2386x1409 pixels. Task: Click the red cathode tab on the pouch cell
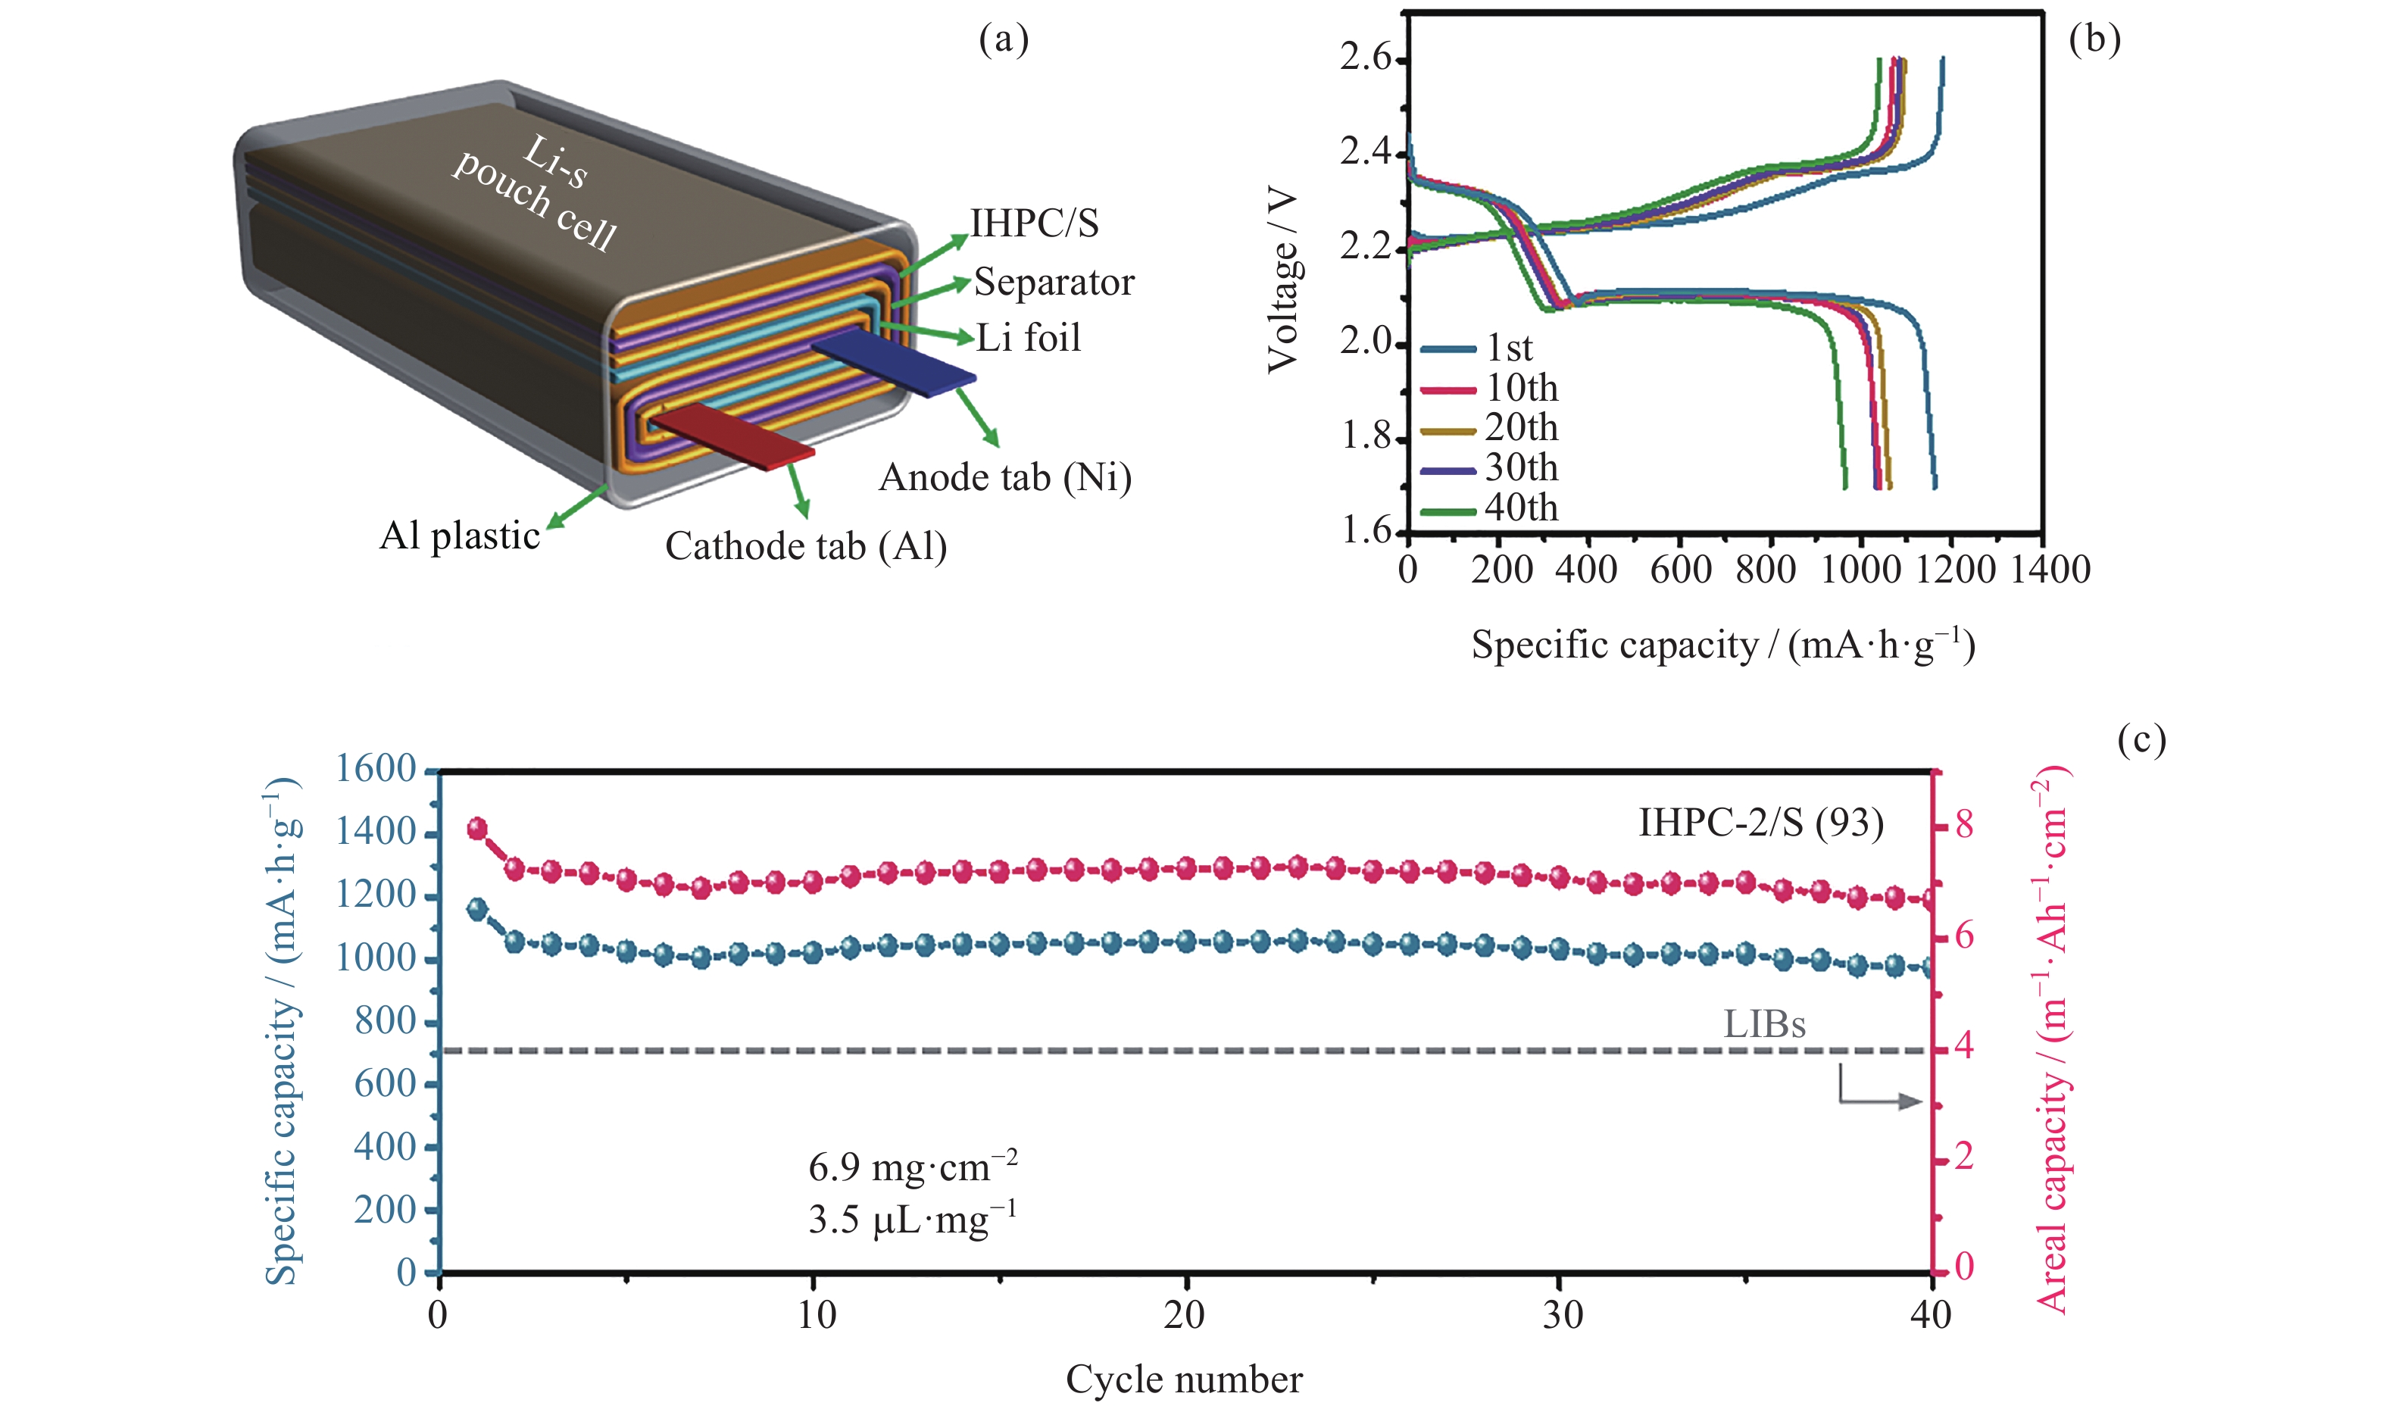[x=731, y=435]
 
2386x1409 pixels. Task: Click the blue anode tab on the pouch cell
[x=892, y=363]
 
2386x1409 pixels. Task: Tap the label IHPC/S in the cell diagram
[x=1035, y=224]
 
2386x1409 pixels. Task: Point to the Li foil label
[x=1029, y=338]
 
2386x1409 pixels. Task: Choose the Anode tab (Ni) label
[x=1005, y=477]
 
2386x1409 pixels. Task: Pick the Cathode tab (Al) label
[x=806, y=547]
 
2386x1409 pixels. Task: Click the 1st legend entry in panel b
[x=1508, y=348]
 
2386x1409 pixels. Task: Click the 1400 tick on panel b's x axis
[x=2050, y=570]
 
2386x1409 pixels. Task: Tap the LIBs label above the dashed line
[x=1764, y=1024]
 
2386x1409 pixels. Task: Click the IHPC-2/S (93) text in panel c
[x=1760, y=822]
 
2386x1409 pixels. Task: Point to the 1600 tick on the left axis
[x=376, y=768]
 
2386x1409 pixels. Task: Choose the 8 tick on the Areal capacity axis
[x=1963, y=824]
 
